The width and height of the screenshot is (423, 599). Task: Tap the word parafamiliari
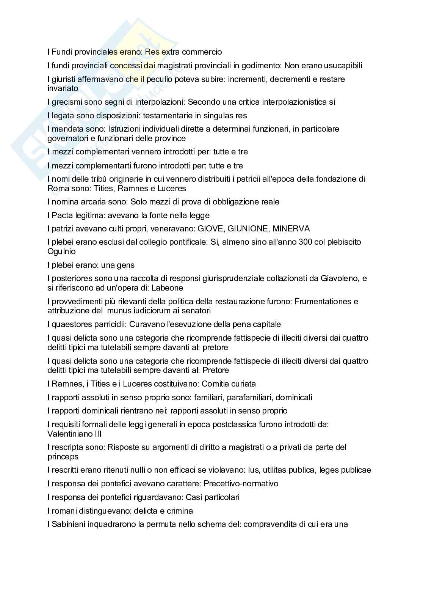[x=248, y=398]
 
